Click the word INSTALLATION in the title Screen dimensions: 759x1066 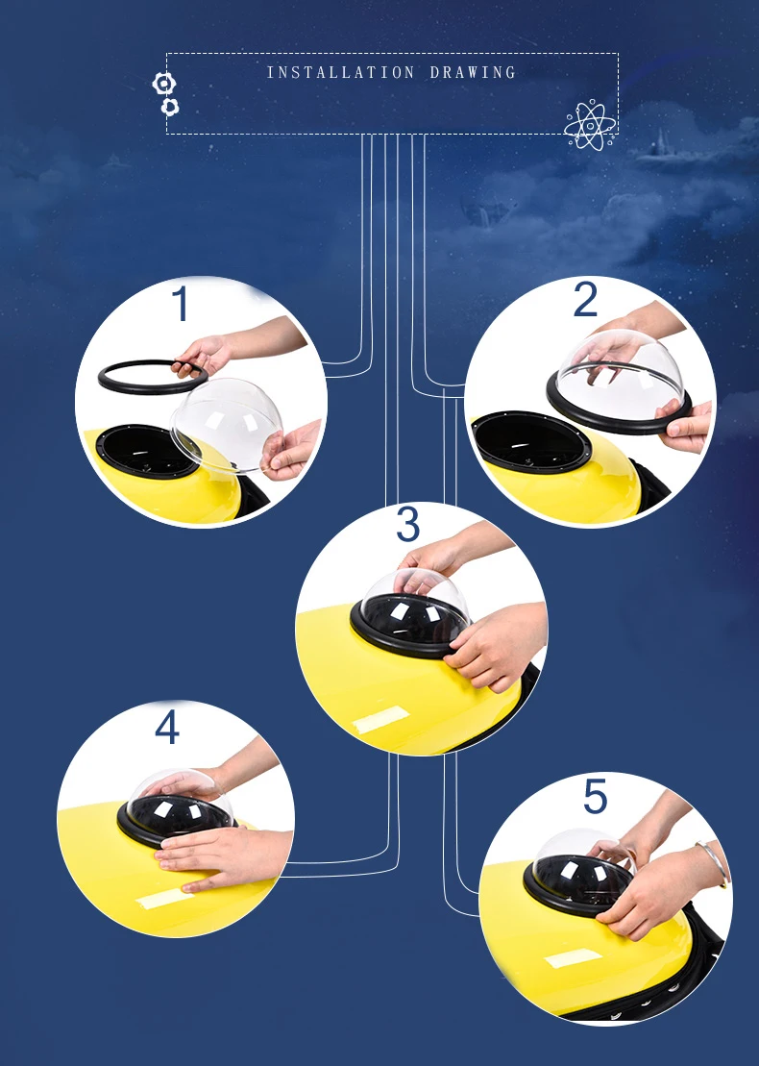point(340,72)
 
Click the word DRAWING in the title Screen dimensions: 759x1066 point(473,72)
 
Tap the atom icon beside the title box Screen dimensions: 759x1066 point(590,125)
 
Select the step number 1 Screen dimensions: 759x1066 point(181,303)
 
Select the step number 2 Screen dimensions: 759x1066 point(585,298)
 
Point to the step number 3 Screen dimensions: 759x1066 point(407,524)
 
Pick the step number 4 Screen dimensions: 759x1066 point(167,727)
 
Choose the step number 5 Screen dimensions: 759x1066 point(596,796)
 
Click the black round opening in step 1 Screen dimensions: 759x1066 point(144,451)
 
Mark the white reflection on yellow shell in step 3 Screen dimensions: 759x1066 point(381,719)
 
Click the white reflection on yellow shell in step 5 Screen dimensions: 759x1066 point(575,958)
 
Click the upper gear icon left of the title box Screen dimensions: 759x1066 point(163,84)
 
